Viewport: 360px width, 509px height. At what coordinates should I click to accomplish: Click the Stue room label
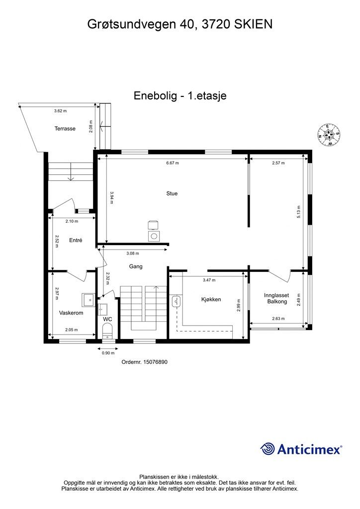click(x=172, y=193)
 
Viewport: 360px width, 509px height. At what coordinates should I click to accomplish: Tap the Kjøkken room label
click(x=211, y=300)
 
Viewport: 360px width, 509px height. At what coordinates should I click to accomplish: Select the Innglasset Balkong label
click(x=276, y=298)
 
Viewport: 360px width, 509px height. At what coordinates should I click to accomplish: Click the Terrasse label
click(x=65, y=129)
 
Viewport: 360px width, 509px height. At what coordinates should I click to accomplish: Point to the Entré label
click(x=76, y=240)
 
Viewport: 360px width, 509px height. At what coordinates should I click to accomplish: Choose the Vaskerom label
click(x=71, y=313)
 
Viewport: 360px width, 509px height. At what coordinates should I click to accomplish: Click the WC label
click(x=107, y=319)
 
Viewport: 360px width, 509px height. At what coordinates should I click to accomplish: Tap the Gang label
click(x=136, y=266)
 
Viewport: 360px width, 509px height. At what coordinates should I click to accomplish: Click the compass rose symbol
click(x=329, y=135)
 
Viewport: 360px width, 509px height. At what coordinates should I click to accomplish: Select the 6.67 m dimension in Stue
click(x=172, y=163)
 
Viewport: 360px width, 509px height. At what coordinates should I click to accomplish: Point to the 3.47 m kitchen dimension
click(x=209, y=280)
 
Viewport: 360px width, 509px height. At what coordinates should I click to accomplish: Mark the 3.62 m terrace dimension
click(x=61, y=111)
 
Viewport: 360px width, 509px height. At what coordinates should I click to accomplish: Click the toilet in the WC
click(x=107, y=330)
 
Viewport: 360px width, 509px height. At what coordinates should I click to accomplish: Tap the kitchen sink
click(x=177, y=301)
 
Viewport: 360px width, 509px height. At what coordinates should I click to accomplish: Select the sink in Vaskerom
click(x=90, y=299)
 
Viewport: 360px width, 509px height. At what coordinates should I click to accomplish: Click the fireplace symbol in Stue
click(x=154, y=234)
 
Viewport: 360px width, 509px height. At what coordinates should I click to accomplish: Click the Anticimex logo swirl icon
click(x=268, y=449)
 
